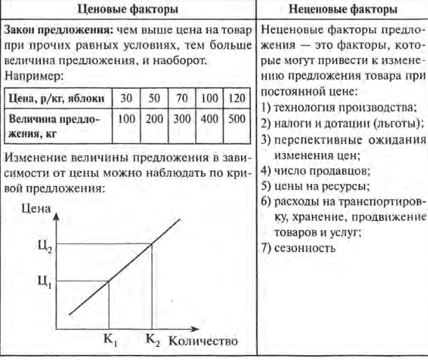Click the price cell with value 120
pos(236,100)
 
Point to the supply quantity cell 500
pos(236,121)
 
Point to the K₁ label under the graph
pos(107,339)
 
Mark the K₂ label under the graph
pos(151,339)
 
